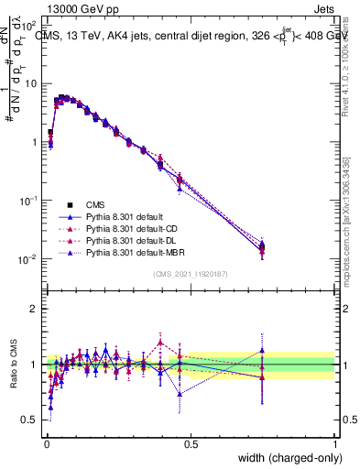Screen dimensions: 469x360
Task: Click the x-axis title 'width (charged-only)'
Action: point(286,457)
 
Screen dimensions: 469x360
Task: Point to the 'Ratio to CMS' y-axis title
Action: point(13,364)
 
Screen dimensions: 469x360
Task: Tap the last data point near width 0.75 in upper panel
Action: point(263,247)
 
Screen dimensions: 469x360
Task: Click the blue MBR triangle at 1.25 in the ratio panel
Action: point(263,350)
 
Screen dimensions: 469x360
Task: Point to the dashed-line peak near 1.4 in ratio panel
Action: point(161,343)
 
